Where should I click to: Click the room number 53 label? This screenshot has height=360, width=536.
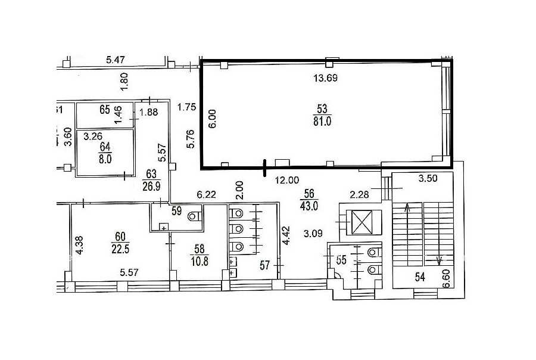[x=322, y=109]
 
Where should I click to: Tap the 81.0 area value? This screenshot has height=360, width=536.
[x=322, y=121]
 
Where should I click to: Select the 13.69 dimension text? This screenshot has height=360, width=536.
[x=325, y=78]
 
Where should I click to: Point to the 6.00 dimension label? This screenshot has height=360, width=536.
[x=212, y=119]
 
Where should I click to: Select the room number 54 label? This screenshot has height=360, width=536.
[x=420, y=277]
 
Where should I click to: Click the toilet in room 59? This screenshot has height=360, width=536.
[x=194, y=216]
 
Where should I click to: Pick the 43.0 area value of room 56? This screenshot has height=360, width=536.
[x=309, y=206]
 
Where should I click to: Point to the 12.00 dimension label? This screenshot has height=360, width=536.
[x=287, y=180]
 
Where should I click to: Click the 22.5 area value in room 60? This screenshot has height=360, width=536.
[x=120, y=249]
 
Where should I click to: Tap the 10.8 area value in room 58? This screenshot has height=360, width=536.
[x=200, y=261]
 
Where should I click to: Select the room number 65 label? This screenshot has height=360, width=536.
[x=105, y=110]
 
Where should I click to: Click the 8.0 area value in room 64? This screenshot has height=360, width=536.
[x=105, y=159]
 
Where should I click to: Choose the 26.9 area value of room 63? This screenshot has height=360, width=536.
[x=151, y=187]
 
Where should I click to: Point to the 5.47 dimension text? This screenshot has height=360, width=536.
[x=115, y=60]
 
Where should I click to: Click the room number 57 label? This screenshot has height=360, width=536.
[x=264, y=265]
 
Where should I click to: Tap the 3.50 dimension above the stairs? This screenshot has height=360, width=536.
[x=428, y=178]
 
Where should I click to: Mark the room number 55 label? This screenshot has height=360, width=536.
[x=341, y=260]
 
